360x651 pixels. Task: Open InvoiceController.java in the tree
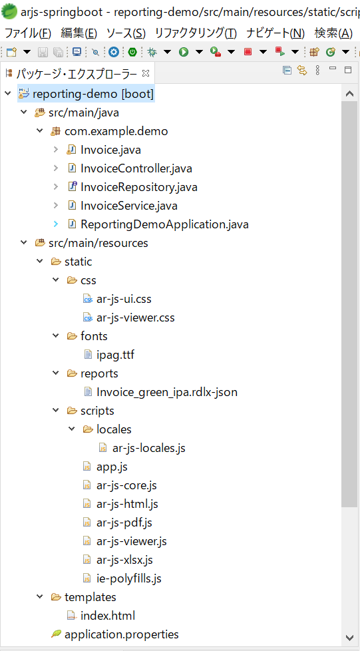136,168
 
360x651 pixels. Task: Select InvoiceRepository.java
138,187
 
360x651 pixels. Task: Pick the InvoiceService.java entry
129,206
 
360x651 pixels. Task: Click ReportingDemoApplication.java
164,224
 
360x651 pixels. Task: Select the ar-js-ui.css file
121,299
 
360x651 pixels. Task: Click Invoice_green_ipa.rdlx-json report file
167,392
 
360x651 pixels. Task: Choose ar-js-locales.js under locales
148,448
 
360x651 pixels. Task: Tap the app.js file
112,467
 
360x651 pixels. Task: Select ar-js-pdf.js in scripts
124,523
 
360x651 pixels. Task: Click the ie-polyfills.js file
128,578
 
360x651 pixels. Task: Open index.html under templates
108,615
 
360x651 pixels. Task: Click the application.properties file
122,634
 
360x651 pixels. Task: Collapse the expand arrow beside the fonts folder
56,336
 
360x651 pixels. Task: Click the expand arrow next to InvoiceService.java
56,206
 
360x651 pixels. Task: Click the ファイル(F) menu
28,33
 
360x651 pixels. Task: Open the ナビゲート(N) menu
275,33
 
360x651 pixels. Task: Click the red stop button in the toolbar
248,52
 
